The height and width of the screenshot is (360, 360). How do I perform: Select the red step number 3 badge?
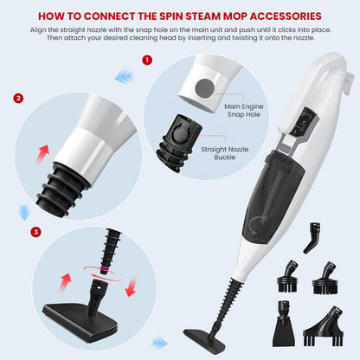point(35,232)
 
